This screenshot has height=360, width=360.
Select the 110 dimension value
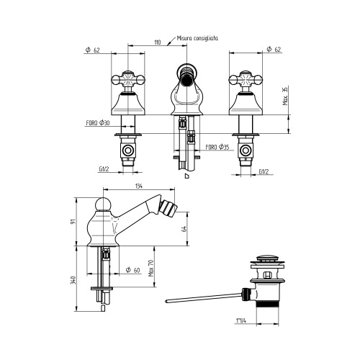point(158,43)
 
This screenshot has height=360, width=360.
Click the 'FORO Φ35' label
point(217,147)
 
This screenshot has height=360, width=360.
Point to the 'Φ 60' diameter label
point(132,269)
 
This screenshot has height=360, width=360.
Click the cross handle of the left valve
point(128,78)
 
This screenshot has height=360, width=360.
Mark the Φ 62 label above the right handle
point(273,49)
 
